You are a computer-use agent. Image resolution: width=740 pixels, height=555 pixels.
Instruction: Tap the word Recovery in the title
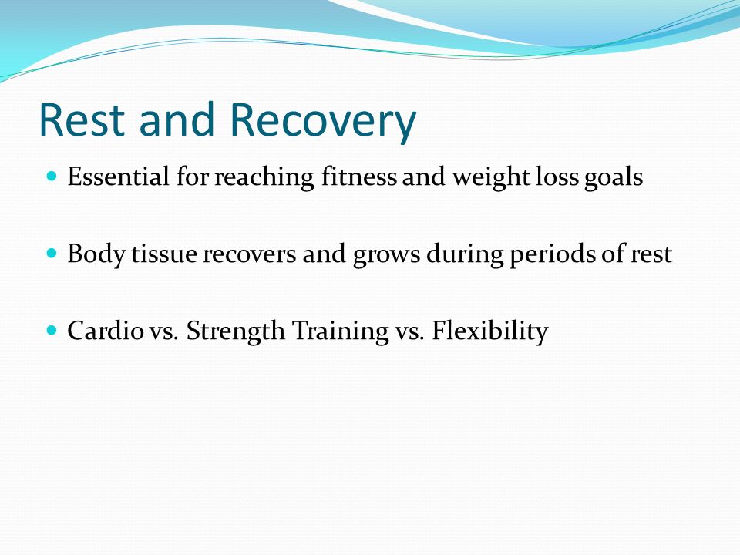323,123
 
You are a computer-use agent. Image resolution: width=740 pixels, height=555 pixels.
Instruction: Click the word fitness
359,177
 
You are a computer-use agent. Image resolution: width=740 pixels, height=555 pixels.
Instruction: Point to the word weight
491,178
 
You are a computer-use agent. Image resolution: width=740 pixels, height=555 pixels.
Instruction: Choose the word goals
614,178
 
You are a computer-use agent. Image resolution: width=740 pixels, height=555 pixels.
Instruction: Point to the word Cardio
106,331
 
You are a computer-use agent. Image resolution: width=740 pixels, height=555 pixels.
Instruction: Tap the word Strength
236,331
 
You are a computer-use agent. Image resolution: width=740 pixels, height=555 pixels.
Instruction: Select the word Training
340,331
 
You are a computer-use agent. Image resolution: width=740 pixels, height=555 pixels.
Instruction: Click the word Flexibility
490,331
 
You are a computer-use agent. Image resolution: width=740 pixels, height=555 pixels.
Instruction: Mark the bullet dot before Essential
52,177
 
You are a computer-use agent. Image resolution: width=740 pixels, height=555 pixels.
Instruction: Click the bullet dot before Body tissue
52,254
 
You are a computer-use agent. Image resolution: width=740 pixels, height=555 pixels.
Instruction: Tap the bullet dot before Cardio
52,330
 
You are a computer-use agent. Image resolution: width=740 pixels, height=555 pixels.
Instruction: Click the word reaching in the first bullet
264,178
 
